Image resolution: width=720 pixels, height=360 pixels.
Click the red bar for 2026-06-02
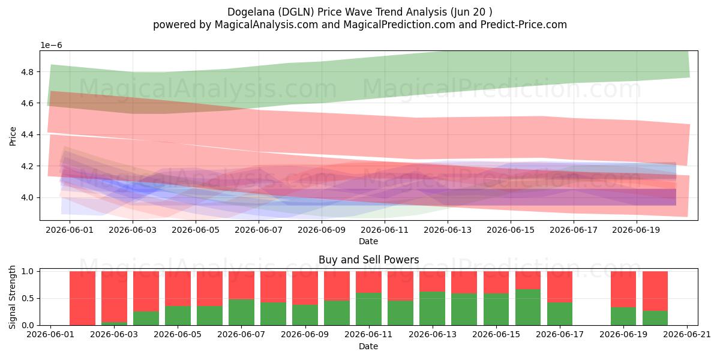tap(83, 298)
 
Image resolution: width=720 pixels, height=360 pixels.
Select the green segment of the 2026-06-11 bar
tap(368, 309)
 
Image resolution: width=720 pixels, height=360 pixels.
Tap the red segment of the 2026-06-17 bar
tap(560, 287)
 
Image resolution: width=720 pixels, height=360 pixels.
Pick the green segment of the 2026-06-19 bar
tap(623, 316)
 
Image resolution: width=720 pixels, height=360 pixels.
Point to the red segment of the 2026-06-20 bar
tap(655, 291)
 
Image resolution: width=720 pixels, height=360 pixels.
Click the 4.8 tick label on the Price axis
tap(27, 71)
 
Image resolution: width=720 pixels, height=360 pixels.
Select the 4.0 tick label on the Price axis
tap(27, 197)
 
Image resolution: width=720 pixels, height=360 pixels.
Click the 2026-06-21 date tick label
tap(687, 334)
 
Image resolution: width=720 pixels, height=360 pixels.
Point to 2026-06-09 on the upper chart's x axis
tap(322, 230)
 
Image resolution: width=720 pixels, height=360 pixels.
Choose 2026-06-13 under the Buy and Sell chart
tap(433, 334)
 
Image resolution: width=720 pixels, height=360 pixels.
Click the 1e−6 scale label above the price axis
tap(51, 45)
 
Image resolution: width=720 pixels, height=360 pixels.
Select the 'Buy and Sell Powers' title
tap(368, 259)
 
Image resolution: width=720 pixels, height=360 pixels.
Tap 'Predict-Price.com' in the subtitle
tap(524, 25)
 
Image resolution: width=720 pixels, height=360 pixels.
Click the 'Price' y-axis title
tap(13, 136)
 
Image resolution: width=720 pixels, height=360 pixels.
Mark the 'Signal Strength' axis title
tap(12, 298)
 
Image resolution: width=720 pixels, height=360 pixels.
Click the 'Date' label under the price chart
tap(368, 241)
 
